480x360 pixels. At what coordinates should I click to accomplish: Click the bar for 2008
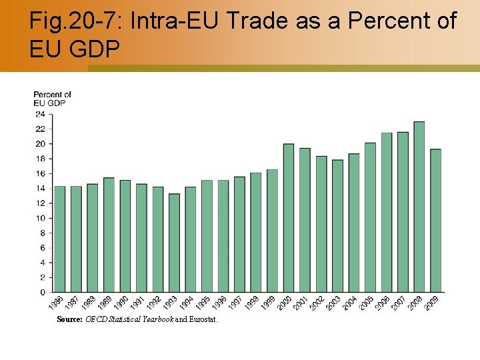click(x=419, y=207)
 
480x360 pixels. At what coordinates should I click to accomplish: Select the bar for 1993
click(x=174, y=243)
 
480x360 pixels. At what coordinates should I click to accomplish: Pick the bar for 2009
click(x=435, y=221)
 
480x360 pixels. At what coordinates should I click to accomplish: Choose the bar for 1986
click(x=60, y=239)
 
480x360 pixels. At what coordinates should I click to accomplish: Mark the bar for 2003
click(x=337, y=226)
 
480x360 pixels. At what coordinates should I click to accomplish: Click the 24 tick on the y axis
click(x=40, y=114)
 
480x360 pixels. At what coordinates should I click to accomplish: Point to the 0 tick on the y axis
click(x=43, y=292)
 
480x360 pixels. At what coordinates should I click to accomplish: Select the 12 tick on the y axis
click(x=40, y=203)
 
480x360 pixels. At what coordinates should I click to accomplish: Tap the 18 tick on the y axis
click(x=40, y=159)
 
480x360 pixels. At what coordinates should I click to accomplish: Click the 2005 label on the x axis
click(x=367, y=303)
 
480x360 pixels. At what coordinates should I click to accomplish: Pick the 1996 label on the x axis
click(x=220, y=303)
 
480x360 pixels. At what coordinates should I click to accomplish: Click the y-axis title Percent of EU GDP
click(x=52, y=99)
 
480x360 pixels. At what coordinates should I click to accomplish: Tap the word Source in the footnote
click(x=69, y=319)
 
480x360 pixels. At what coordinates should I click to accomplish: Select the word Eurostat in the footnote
click(x=203, y=319)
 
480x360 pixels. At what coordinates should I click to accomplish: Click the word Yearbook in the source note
click(x=156, y=319)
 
